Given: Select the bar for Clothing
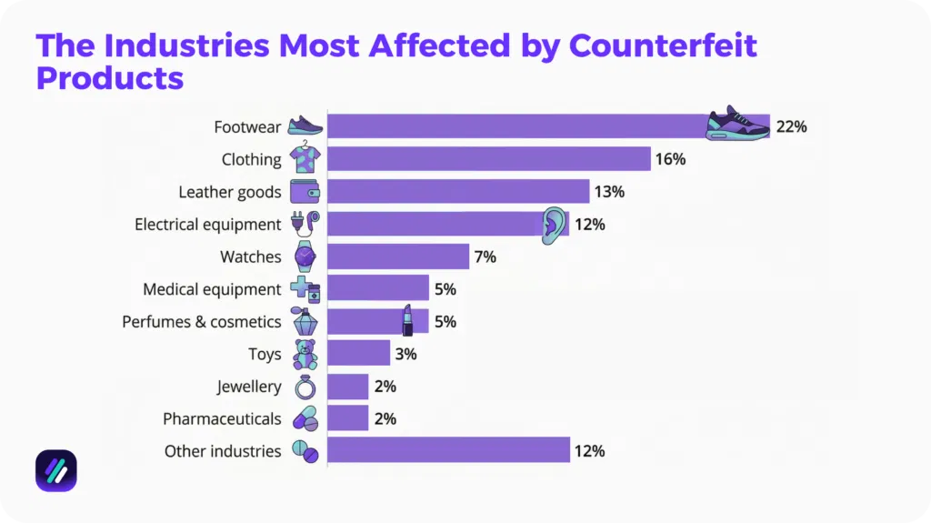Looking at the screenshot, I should point(488,159).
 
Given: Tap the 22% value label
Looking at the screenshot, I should point(791,126).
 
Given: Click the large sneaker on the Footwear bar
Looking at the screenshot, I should point(737,123).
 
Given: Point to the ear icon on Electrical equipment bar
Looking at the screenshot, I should point(553,224).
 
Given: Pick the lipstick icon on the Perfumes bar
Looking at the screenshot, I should point(407,320).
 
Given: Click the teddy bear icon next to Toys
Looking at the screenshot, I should point(305,354).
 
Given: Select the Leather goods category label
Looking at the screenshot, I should point(229,192).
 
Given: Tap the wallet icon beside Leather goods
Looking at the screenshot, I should point(305,192).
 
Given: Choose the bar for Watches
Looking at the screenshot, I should point(398,256).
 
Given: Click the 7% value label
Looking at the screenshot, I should point(485,257).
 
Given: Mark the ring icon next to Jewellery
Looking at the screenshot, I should point(305,387).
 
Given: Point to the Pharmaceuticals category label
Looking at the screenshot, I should point(222,419).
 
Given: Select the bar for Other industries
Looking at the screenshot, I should point(448,451).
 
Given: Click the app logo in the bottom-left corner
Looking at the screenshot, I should point(56,471).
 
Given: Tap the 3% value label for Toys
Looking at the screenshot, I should point(405,354).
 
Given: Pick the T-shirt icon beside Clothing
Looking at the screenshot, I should point(305,158).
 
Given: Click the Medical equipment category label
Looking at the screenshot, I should point(212,289).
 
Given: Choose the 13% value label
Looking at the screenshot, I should point(609,192).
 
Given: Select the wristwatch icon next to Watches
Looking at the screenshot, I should point(305,256).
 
